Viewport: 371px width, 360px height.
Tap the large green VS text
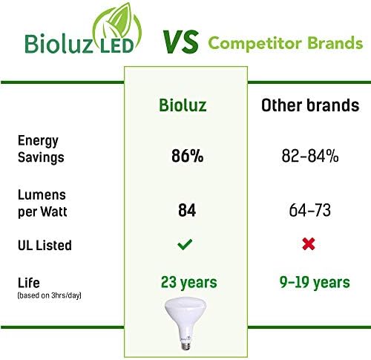(180, 42)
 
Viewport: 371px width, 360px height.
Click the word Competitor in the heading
(255, 44)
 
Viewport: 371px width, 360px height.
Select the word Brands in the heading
(335, 43)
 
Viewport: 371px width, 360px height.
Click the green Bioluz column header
(183, 105)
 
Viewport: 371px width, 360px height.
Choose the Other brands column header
(310, 105)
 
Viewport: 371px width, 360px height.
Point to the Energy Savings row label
(41, 149)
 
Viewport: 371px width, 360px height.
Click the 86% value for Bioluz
(187, 156)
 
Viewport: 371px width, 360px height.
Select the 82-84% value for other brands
(310, 156)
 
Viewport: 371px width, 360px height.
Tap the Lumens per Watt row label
(42, 203)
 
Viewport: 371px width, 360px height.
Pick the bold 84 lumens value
(187, 210)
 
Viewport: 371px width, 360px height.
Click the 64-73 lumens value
(310, 210)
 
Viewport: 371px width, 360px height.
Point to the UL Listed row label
(45, 245)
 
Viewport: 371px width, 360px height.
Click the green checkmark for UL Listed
(185, 244)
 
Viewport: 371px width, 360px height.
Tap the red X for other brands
(309, 244)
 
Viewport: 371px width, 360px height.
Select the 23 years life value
(188, 282)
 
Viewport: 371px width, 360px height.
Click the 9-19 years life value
(315, 282)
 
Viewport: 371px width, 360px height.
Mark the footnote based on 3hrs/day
(49, 295)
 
